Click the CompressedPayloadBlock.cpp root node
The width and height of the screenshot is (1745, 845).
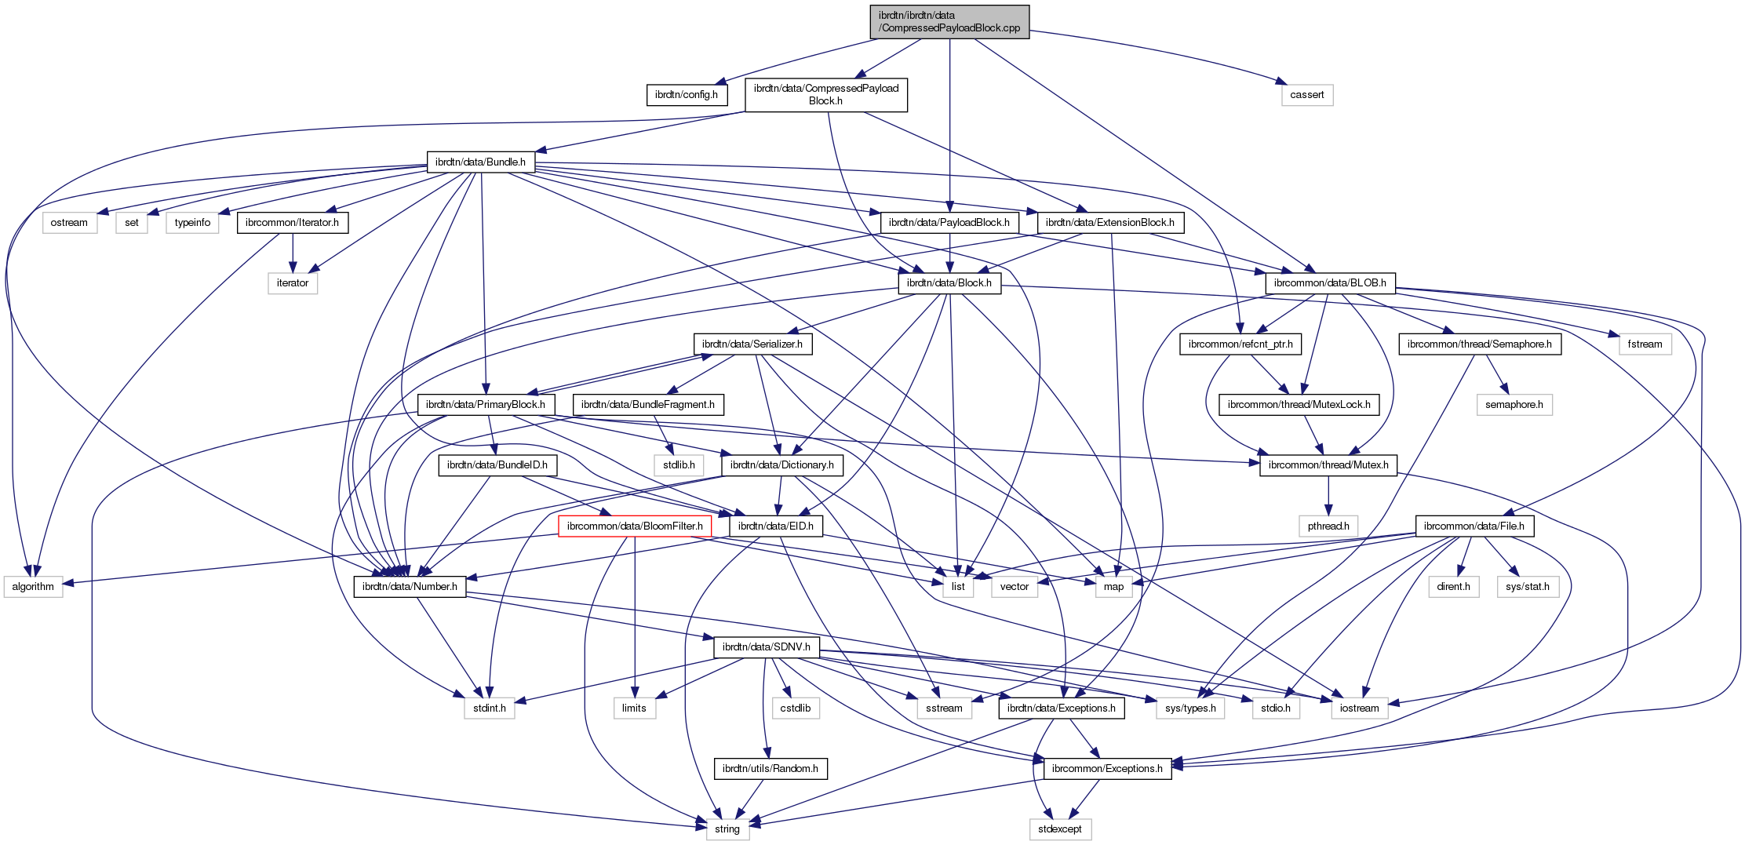tap(949, 21)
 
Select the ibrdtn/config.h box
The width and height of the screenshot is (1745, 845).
tap(686, 95)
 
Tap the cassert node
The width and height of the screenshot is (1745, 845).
tap(1306, 95)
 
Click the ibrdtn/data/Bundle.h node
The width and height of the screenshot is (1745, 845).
tap(480, 162)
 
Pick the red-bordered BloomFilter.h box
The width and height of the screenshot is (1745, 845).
tap(634, 526)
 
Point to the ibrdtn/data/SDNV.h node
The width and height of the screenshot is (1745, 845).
tap(767, 647)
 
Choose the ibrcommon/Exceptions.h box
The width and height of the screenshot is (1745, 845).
tap(1107, 769)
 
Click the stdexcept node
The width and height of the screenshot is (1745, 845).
tap(1059, 829)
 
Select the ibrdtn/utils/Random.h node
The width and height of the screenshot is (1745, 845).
tap(770, 769)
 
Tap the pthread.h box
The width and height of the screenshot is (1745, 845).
tap(1328, 526)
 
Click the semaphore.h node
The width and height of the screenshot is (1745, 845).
tap(1514, 405)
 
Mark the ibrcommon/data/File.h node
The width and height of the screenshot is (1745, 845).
tap(1474, 526)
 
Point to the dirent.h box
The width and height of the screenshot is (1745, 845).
tap(1453, 587)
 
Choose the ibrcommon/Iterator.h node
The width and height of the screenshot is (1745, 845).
tap(292, 223)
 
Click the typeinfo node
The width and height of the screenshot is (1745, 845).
tap(192, 223)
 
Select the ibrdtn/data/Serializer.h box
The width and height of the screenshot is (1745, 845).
tap(752, 344)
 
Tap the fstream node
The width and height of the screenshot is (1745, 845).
tap(1645, 344)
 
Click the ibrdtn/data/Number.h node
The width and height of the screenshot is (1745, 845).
tap(410, 587)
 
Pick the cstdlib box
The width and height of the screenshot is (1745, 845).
tap(796, 708)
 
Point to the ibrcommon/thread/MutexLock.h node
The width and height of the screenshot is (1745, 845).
tap(1299, 405)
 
